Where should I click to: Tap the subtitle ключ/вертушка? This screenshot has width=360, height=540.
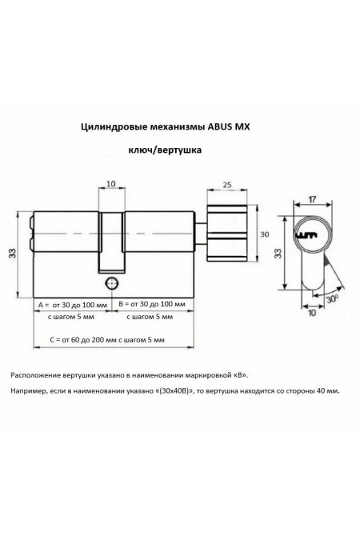pos(165,150)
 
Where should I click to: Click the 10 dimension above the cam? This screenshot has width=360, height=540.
pos(112,183)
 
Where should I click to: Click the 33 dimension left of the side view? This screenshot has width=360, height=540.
pos(11,254)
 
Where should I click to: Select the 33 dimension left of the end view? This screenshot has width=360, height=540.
pos(277,254)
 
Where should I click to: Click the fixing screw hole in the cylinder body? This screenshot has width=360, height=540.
pos(110,284)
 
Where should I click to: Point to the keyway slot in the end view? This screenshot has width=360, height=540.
pos(308,236)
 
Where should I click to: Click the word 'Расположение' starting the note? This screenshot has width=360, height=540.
pos(38,374)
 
